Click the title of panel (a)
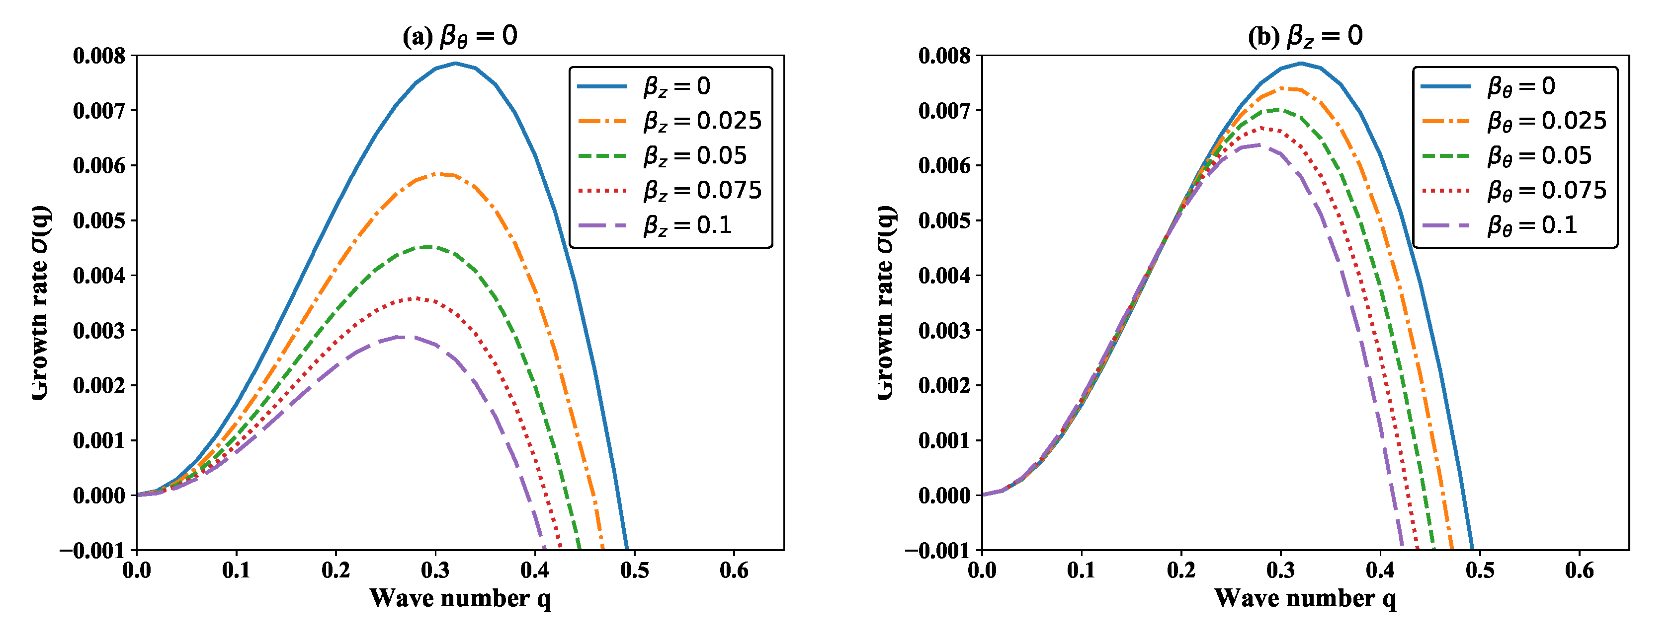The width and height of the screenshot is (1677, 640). [x=460, y=36]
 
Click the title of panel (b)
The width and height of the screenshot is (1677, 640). [x=1305, y=36]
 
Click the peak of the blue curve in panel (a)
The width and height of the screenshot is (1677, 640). [x=455, y=63]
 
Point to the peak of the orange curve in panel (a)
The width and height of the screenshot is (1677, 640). [x=443, y=174]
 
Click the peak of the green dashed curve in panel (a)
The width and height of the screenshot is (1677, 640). [x=426, y=246]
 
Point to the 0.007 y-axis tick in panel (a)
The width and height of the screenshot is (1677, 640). [x=99, y=111]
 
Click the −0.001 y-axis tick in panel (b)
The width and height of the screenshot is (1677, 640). [x=937, y=551]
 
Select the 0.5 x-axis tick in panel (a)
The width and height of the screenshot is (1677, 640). [x=634, y=570]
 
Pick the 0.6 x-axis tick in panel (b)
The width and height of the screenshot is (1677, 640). [x=1580, y=570]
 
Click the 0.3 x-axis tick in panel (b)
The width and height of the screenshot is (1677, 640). [x=1280, y=570]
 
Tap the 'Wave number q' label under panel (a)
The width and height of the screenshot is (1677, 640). [x=460, y=598]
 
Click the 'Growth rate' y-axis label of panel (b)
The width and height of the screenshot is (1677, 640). [x=885, y=302]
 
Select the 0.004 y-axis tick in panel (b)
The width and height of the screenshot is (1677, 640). [x=944, y=276]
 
